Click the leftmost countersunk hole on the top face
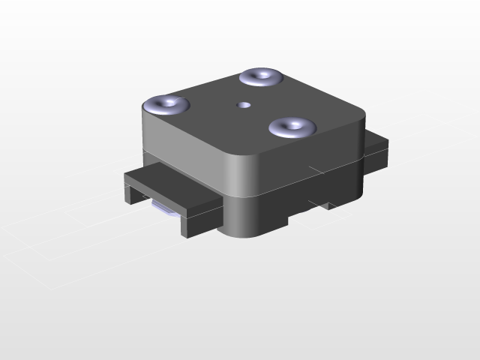click(166, 103)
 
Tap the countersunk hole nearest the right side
click(291, 127)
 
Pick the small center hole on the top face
click(242, 105)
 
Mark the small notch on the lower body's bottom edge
click(327, 204)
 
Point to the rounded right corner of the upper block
click(363, 135)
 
